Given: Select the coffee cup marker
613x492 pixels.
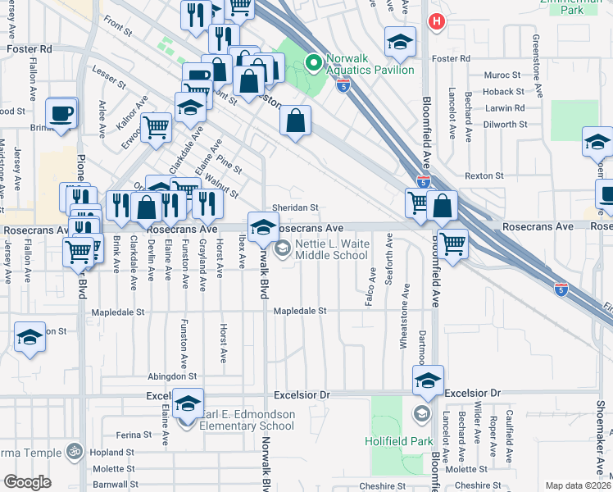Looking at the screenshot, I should [60, 112].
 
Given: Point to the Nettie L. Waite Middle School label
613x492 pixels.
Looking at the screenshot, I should [331, 249].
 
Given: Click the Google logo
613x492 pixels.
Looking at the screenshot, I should [27, 482].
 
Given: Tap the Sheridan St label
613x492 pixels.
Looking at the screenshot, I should [295, 208].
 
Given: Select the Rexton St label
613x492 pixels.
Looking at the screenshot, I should [484, 175].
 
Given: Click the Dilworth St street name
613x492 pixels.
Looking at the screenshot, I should [505, 125].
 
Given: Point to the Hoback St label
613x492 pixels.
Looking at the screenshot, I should [503, 92].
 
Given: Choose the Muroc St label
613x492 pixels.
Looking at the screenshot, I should [503, 75].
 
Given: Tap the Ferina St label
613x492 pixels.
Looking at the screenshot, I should [135, 434].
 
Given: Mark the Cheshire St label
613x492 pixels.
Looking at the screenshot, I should [377, 485].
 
